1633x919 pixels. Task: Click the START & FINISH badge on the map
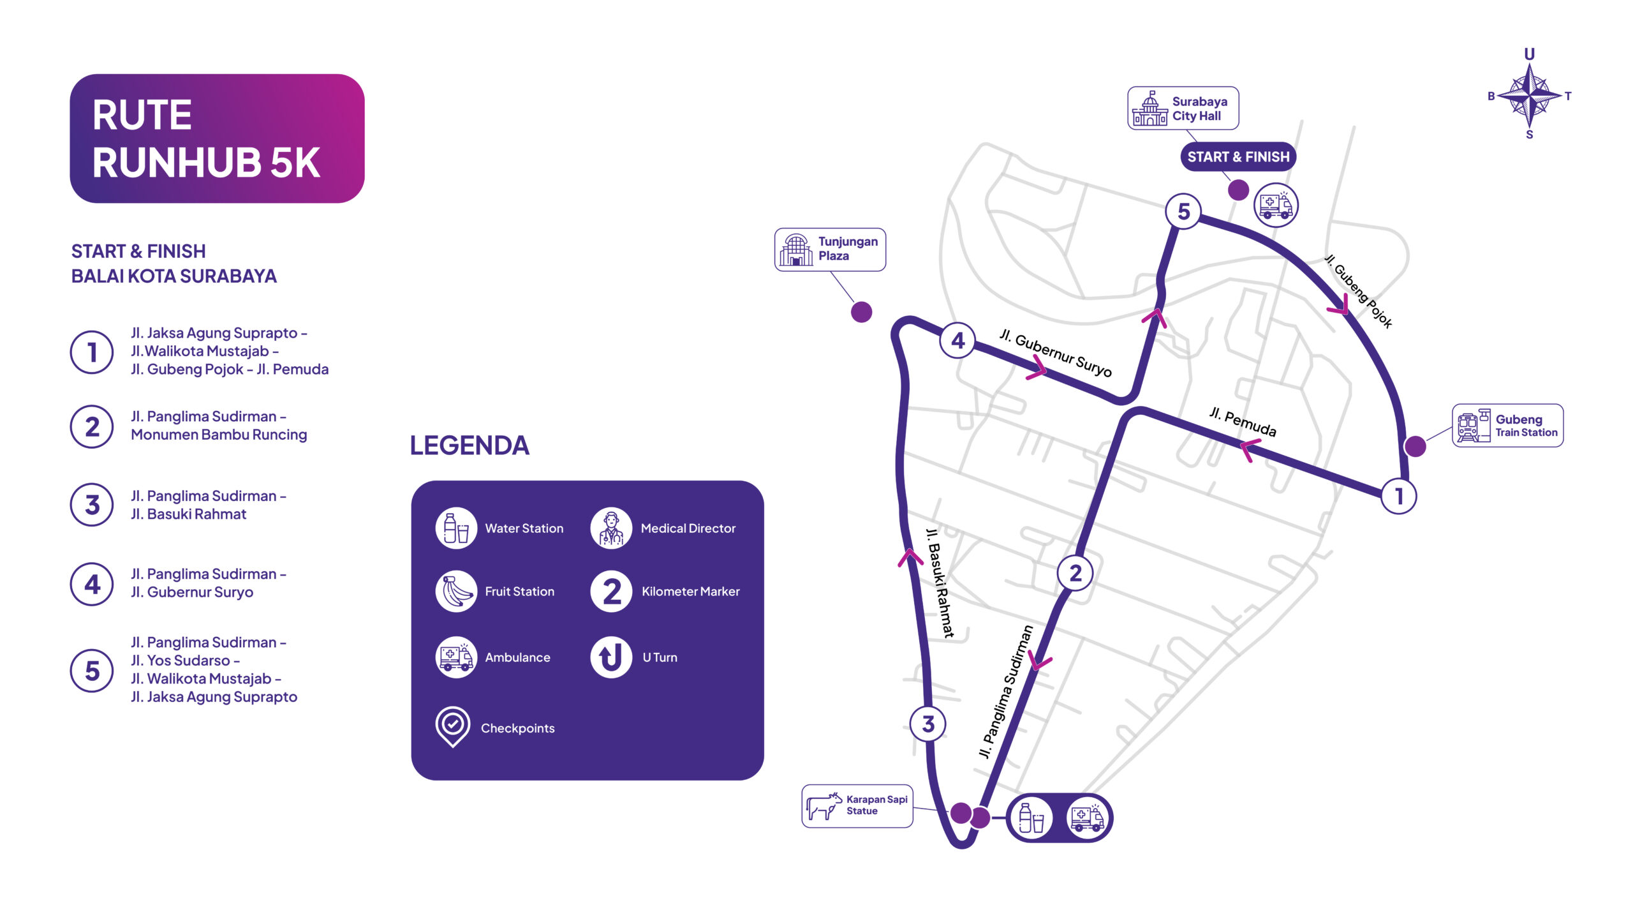click(x=1238, y=157)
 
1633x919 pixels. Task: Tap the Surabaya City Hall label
click(x=1183, y=108)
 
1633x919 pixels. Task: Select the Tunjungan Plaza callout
click(x=830, y=250)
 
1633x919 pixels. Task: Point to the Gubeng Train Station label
click(x=1508, y=426)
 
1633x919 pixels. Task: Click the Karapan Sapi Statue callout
click(x=857, y=806)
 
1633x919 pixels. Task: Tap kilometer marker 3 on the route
click(x=928, y=724)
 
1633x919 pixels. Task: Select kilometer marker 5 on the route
click(x=1183, y=211)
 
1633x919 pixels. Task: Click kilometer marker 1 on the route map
click(x=1399, y=496)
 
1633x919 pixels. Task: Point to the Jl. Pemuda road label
click(x=1243, y=422)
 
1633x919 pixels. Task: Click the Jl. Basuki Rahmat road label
click(x=940, y=582)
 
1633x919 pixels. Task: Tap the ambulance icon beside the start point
click(x=1276, y=205)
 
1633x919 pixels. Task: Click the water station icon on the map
click(x=1031, y=818)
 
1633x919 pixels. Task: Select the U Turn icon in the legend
click(x=611, y=657)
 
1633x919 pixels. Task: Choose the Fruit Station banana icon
click(x=456, y=592)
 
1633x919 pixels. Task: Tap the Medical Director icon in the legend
click(x=611, y=528)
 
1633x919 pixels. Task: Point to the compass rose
click(x=1530, y=95)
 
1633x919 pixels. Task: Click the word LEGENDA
click(x=469, y=445)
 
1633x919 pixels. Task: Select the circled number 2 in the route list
click(x=92, y=427)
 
